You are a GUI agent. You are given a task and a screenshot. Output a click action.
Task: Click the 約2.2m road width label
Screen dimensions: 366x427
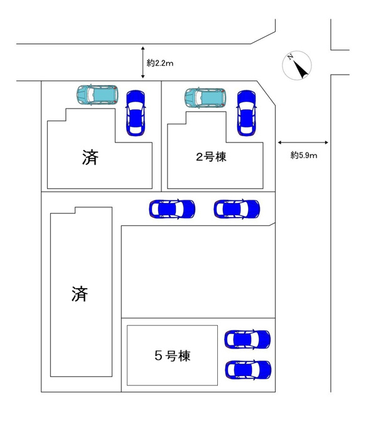click(160, 63)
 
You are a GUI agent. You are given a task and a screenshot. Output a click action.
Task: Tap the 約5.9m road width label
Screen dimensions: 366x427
click(304, 155)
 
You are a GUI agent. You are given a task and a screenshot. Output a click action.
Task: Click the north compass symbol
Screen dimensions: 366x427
click(297, 65)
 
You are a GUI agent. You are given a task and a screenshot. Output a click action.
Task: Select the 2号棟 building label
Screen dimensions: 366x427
click(211, 157)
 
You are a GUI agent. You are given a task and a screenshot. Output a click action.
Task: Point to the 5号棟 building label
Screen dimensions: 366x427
click(173, 355)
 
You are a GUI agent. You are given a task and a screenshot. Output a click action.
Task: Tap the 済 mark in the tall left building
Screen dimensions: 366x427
click(80, 294)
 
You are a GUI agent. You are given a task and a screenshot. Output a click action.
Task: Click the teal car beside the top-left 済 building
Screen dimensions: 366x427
click(97, 95)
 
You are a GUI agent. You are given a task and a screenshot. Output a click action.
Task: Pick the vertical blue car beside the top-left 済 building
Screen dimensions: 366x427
click(136, 113)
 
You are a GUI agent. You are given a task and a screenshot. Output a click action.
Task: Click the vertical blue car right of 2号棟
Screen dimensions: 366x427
click(247, 113)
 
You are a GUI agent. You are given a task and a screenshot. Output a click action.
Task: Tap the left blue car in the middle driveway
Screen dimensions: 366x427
click(172, 209)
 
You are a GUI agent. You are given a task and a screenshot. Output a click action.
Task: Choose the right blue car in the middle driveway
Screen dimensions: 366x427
click(237, 209)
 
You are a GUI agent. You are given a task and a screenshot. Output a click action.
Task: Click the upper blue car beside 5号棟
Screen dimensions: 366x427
click(247, 339)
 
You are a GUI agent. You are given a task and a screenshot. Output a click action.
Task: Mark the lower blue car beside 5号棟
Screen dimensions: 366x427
click(248, 370)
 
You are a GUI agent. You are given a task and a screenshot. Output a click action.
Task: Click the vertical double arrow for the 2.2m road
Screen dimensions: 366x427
click(143, 63)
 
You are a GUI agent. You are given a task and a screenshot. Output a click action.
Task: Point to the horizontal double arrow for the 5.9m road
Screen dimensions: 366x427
click(303, 143)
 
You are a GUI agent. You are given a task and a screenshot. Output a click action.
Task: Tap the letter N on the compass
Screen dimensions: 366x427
click(290, 57)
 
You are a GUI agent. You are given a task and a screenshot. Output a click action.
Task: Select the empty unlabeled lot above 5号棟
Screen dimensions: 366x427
click(198, 272)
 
